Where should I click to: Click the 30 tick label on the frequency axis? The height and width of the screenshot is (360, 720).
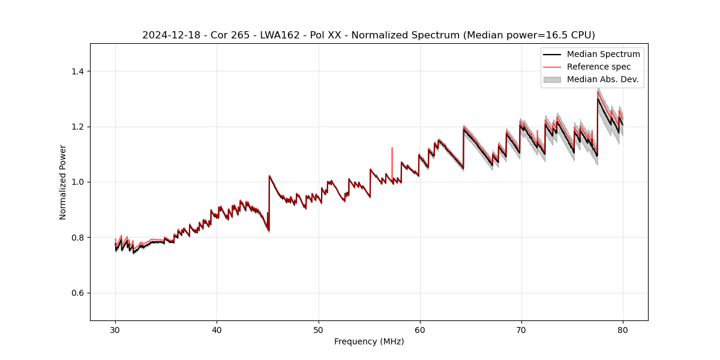(115, 329)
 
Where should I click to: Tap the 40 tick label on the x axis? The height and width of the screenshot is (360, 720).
(217, 329)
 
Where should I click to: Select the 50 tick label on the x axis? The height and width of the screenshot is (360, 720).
(318, 329)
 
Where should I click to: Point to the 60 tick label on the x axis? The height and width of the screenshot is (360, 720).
(419, 329)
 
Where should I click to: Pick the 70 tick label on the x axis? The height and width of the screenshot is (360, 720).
(521, 329)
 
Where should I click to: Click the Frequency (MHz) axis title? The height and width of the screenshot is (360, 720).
(369, 341)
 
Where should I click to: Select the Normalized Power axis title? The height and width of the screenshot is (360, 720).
(63, 182)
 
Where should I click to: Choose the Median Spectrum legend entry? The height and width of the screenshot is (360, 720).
(603, 54)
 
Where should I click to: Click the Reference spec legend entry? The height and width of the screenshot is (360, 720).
(599, 67)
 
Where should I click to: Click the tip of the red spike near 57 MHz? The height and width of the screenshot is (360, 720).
(392, 148)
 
